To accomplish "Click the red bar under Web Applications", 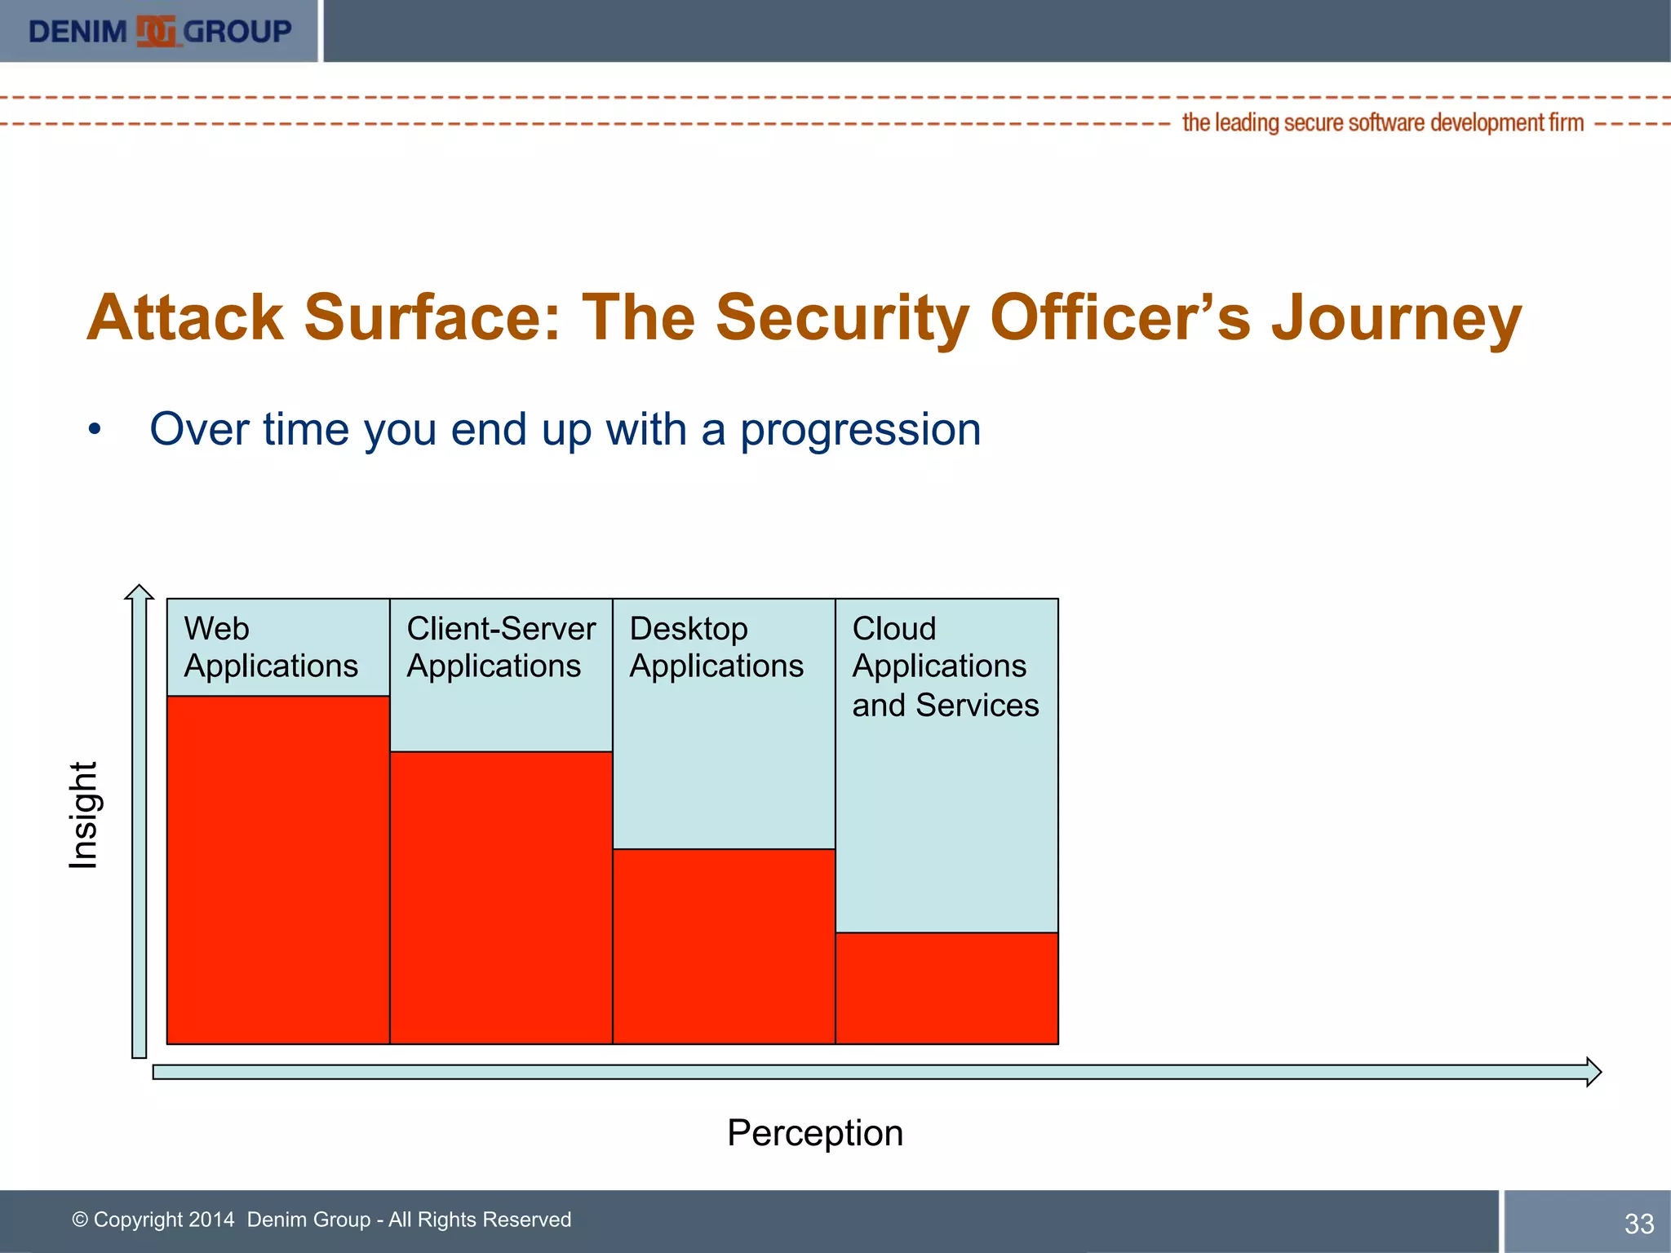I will (277, 869).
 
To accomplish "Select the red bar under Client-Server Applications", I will (501, 897).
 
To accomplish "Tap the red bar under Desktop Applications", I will (724, 946).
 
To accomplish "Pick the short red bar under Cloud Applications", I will (946, 988).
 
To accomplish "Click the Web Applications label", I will (271, 647).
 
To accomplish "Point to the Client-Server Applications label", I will (501, 647).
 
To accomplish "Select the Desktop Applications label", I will (716, 647).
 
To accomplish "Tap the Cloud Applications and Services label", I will (946, 666).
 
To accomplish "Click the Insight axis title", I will (83, 815).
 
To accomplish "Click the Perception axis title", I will (815, 1133).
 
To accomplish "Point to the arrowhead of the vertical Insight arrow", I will (140, 591).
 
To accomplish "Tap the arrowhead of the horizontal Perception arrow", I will (1593, 1072).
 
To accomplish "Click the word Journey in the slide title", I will (1396, 317).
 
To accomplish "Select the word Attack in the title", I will (185, 317).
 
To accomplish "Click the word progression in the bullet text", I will (860, 429).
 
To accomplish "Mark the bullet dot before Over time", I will (95, 430).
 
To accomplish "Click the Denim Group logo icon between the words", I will (155, 32).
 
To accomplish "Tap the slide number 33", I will (1638, 1224).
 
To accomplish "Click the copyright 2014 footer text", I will (321, 1220).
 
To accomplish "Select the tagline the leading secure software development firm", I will (1383, 123).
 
